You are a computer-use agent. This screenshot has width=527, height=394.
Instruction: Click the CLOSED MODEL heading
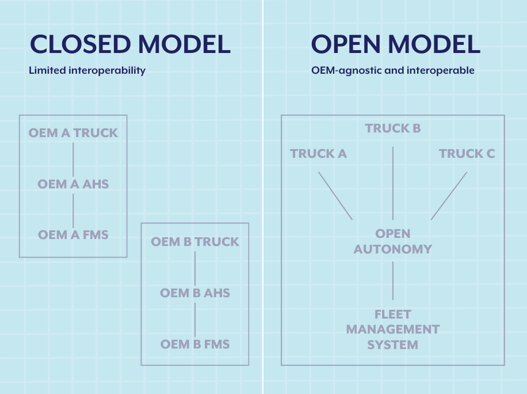(130, 44)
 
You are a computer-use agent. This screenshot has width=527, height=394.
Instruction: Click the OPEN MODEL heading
(396, 44)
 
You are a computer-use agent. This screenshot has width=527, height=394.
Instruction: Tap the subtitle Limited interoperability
(87, 71)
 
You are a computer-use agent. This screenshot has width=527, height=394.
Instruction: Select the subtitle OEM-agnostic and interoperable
(393, 71)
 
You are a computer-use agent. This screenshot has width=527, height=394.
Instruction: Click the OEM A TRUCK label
(73, 133)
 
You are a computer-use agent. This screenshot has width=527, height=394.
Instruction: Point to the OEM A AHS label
(73, 184)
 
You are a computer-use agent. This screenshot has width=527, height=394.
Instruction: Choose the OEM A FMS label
(73, 235)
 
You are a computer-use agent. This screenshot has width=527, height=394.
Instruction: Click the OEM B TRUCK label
(195, 242)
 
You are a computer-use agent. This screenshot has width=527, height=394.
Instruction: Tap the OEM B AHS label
(195, 293)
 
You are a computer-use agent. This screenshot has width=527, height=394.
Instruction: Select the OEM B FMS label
(195, 344)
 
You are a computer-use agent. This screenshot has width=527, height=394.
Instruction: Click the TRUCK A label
(319, 154)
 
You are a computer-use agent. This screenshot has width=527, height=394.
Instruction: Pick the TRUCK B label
(393, 128)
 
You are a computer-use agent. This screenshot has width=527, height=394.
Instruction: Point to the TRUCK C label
(467, 154)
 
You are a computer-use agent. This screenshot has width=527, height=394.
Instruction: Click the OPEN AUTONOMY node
(393, 241)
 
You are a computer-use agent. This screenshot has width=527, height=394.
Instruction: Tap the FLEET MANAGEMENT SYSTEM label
(393, 329)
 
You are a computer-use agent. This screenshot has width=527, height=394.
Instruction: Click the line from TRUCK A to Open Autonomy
(335, 196)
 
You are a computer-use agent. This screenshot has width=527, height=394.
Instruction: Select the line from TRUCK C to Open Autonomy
(449, 196)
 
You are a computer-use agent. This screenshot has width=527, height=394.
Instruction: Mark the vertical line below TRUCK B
(393, 183)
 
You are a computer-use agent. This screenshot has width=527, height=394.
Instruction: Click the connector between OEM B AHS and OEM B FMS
(195, 319)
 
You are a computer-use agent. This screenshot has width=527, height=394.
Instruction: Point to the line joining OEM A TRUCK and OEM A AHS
(73, 159)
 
